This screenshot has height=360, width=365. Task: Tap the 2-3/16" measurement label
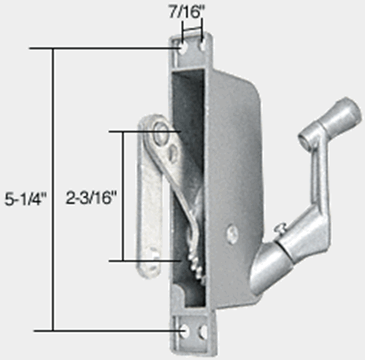pyautogui.click(x=91, y=198)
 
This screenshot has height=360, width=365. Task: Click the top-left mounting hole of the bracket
pyautogui.click(x=182, y=45)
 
